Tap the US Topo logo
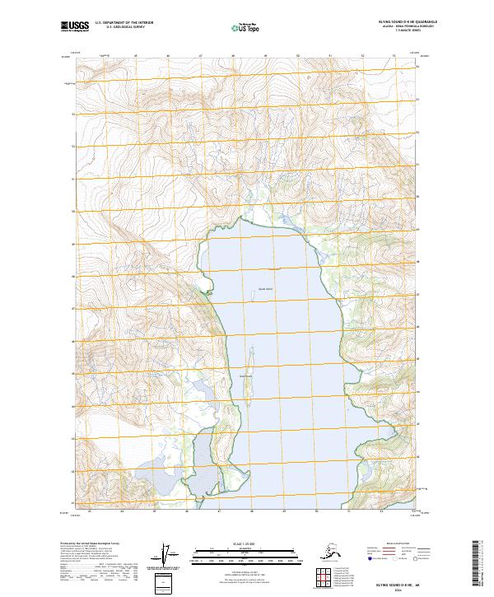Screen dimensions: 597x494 point(247,28)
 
